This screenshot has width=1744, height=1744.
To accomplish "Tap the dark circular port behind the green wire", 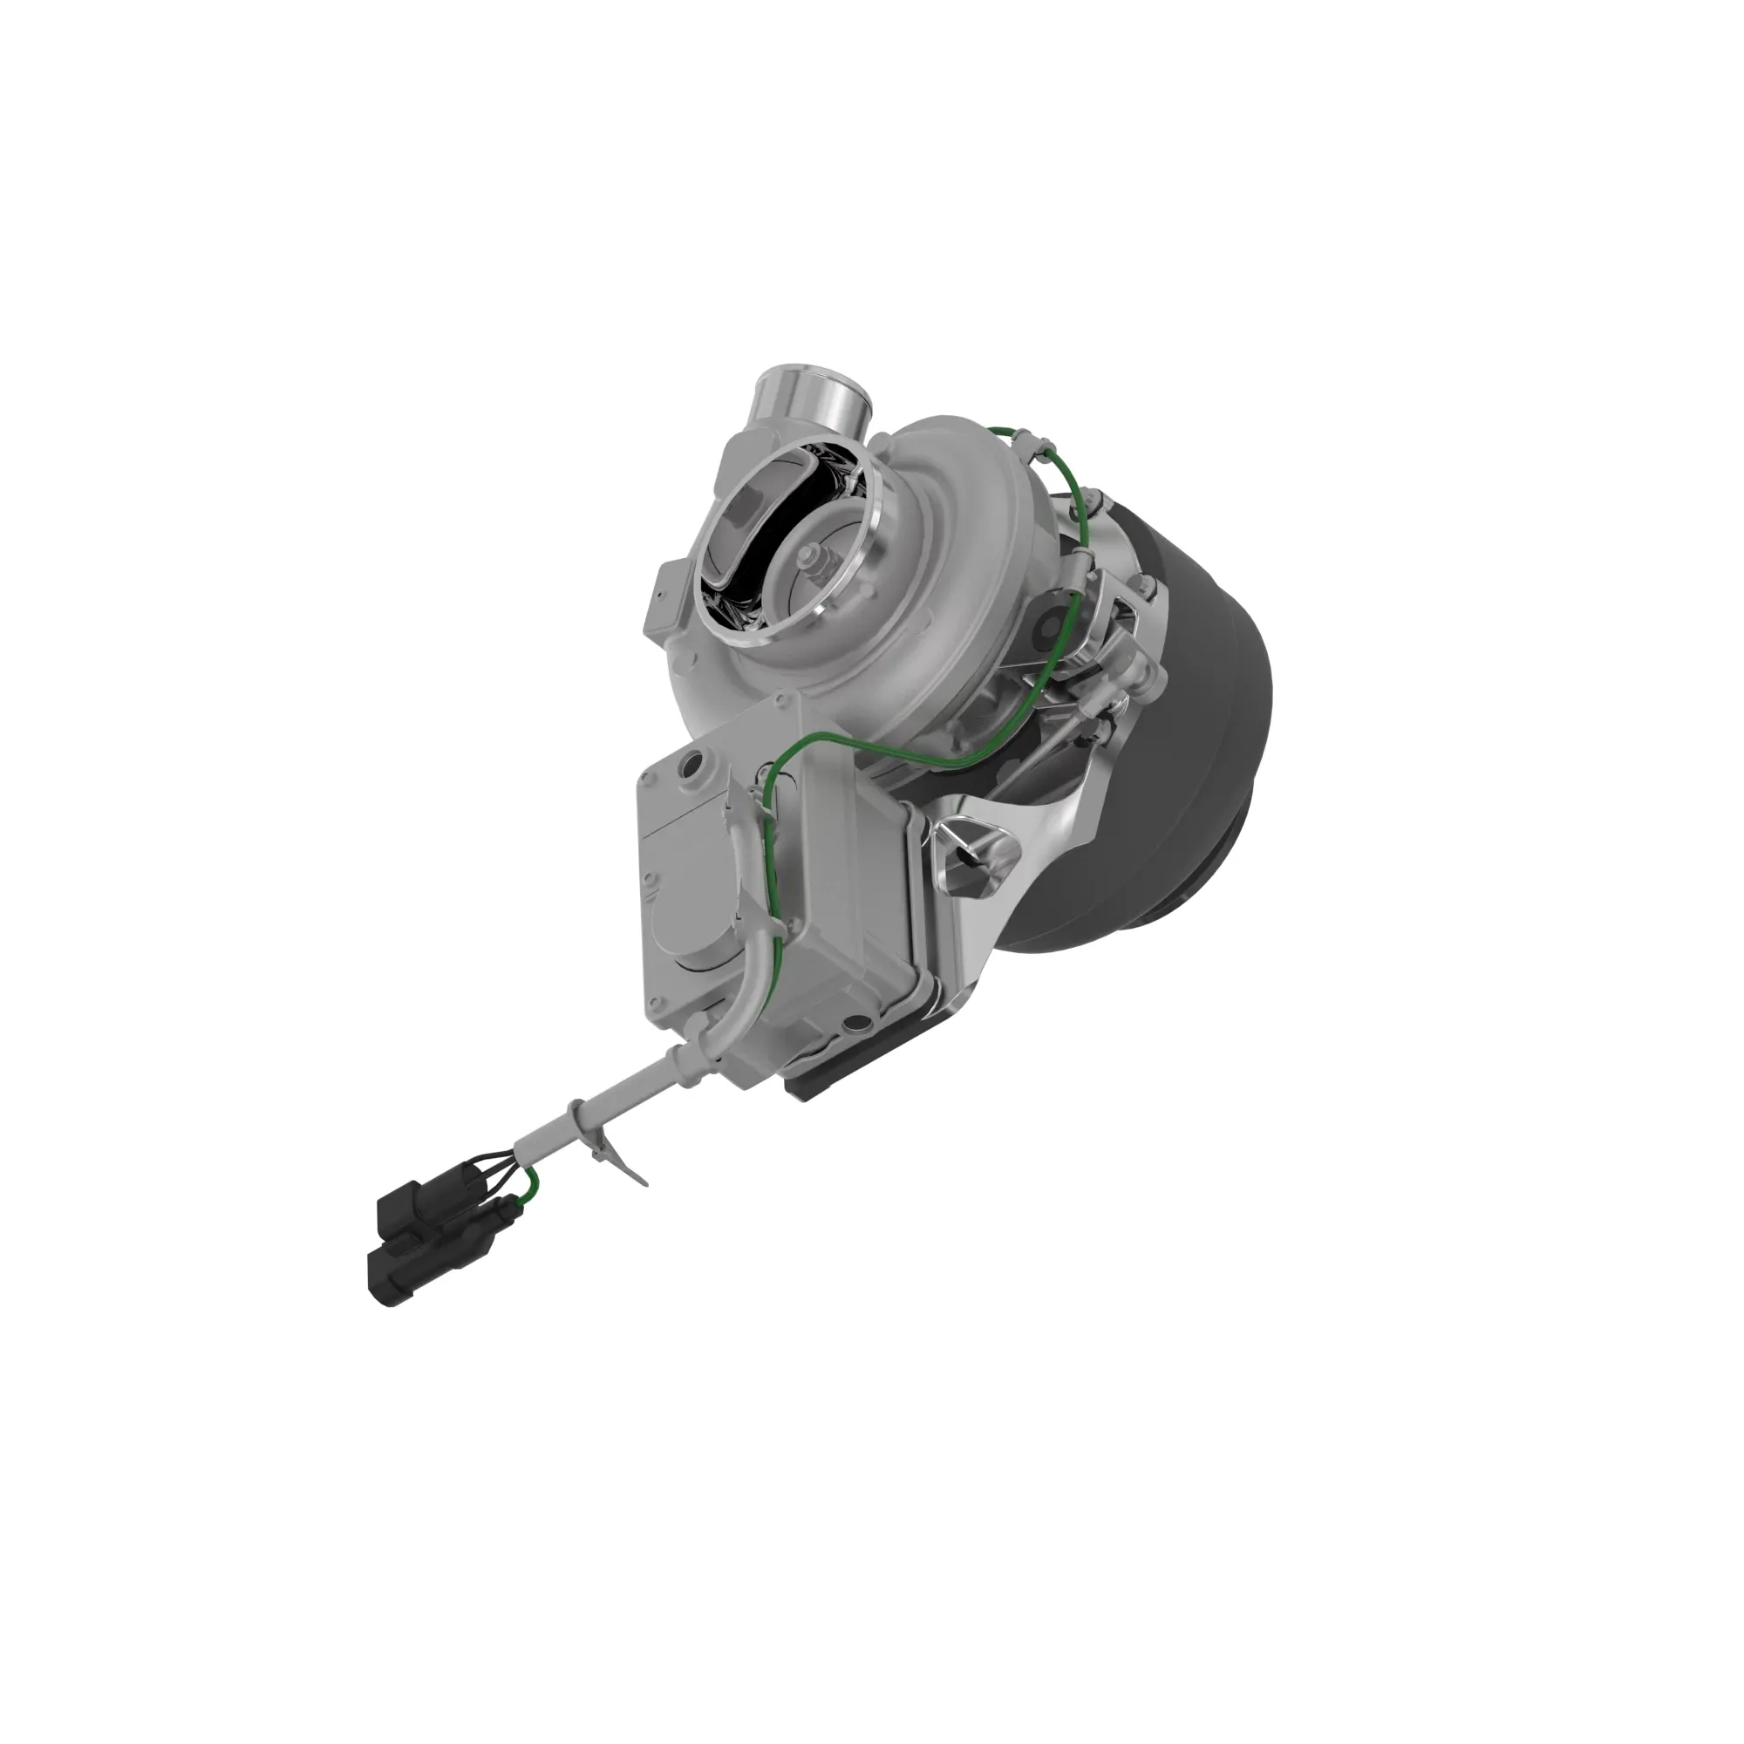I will click(1052, 619).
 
